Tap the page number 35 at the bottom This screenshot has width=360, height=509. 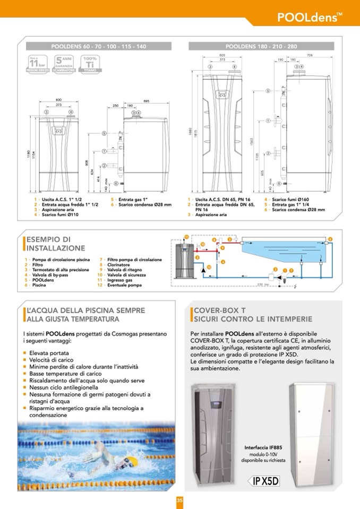coord(179,499)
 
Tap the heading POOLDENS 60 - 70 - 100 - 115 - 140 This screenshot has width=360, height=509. coord(98,47)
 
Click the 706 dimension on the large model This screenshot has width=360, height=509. coord(310,55)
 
